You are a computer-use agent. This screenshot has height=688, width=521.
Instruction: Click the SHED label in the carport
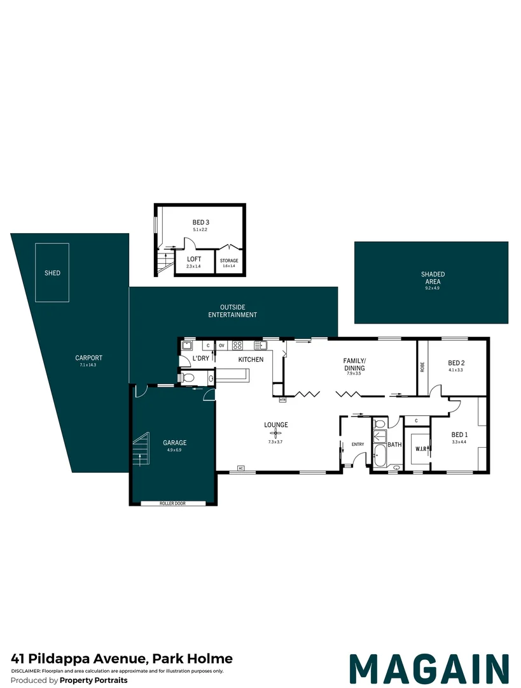pyautogui.click(x=52, y=273)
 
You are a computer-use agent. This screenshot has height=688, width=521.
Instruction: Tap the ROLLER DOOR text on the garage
pyautogui.click(x=172, y=503)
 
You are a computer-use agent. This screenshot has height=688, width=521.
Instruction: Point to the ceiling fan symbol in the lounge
pyautogui.click(x=275, y=434)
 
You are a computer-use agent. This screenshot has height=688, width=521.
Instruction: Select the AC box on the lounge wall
pyautogui.click(x=240, y=468)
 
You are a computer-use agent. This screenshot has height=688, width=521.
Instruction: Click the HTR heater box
pyautogui.click(x=282, y=399)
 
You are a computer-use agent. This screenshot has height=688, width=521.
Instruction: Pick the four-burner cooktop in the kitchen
pyautogui.click(x=237, y=345)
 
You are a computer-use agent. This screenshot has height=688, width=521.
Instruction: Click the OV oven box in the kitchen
pyautogui.click(x=222, y=345)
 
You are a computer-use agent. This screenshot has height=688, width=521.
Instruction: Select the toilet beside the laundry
pyautogui.click(x=188, y=377)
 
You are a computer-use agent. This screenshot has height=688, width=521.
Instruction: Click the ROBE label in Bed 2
pyautogui.click(x=422, y=367)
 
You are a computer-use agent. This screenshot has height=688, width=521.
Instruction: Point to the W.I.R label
pyautogui.click(x=420, y=449)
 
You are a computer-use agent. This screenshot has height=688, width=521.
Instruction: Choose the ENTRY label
pyautogui.click(x=358, y=445)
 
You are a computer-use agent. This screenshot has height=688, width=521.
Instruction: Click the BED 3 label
pyautogui.click(x=200, y=222)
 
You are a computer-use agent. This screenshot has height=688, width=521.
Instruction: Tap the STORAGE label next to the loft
pyautogui.click(x=229, y=261)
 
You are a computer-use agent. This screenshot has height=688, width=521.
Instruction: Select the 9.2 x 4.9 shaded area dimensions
pyautogui.click(x=433, y=289)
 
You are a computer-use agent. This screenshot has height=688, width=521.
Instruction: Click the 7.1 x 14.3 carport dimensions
pyautogui.click(x=88, y=364)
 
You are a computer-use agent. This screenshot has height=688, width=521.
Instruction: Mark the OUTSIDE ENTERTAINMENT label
pyautogui.click(x=232, y=311)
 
